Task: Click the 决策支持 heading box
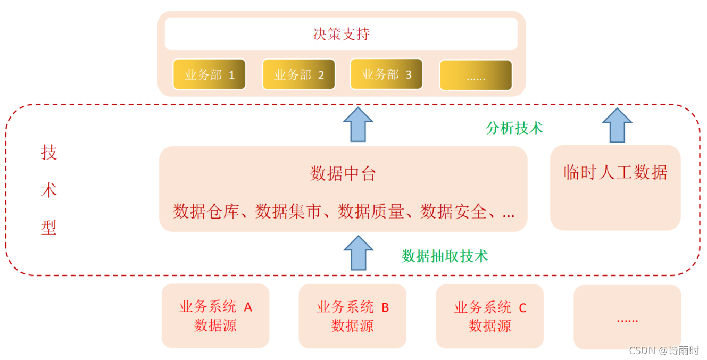click(x=341, y=34)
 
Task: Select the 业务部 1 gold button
click(x=209, y=74)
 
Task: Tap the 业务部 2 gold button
click(x=298, y=74)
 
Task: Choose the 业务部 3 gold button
click(x=386, y=74)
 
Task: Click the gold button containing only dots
click(x=476, y=76)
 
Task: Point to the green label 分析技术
click(x=514, y=128)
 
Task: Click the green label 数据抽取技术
click(x=444, y=256)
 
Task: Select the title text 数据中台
click(x=343, y=174)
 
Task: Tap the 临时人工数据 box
click(x=615, y=187)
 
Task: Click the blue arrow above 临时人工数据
click(x=617, y=125)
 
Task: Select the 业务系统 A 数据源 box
click(x=215, y=316)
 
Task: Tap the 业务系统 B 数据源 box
click(x=352, y=316)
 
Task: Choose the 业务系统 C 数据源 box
click(x=489, y=316)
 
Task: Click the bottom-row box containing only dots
click(x=627, y=317)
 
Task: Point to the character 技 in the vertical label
click(x=49, y=153)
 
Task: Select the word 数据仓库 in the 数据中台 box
click(x=205, y=212)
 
